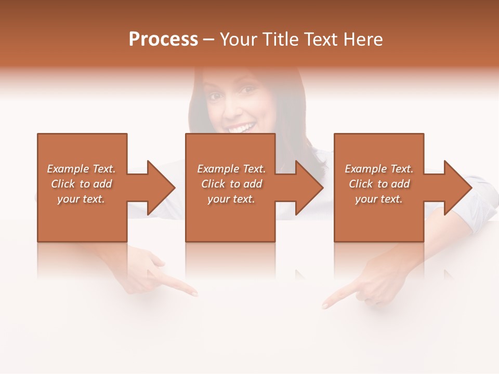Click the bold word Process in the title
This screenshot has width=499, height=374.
coord(163,39)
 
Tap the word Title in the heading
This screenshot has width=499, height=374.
coord(281,39)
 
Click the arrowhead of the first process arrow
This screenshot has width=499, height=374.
coord(161,188)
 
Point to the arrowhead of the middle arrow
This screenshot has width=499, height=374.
coord(309,188)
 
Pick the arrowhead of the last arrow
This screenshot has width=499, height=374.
coord(458,188)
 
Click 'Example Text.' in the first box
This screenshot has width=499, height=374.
coord(81,169)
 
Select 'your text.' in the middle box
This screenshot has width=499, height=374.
coord(231,199)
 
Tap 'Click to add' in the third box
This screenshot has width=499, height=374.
coord(379,184)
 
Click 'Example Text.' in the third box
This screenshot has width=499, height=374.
coord(379,169)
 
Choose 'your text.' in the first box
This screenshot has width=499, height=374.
coord(81,199)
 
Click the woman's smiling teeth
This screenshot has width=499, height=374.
coord(241,128)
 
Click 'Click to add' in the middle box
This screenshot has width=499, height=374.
coord(231,184)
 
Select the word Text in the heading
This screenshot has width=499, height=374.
coord(323,39)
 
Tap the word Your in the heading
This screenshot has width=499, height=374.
coord(240,39)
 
